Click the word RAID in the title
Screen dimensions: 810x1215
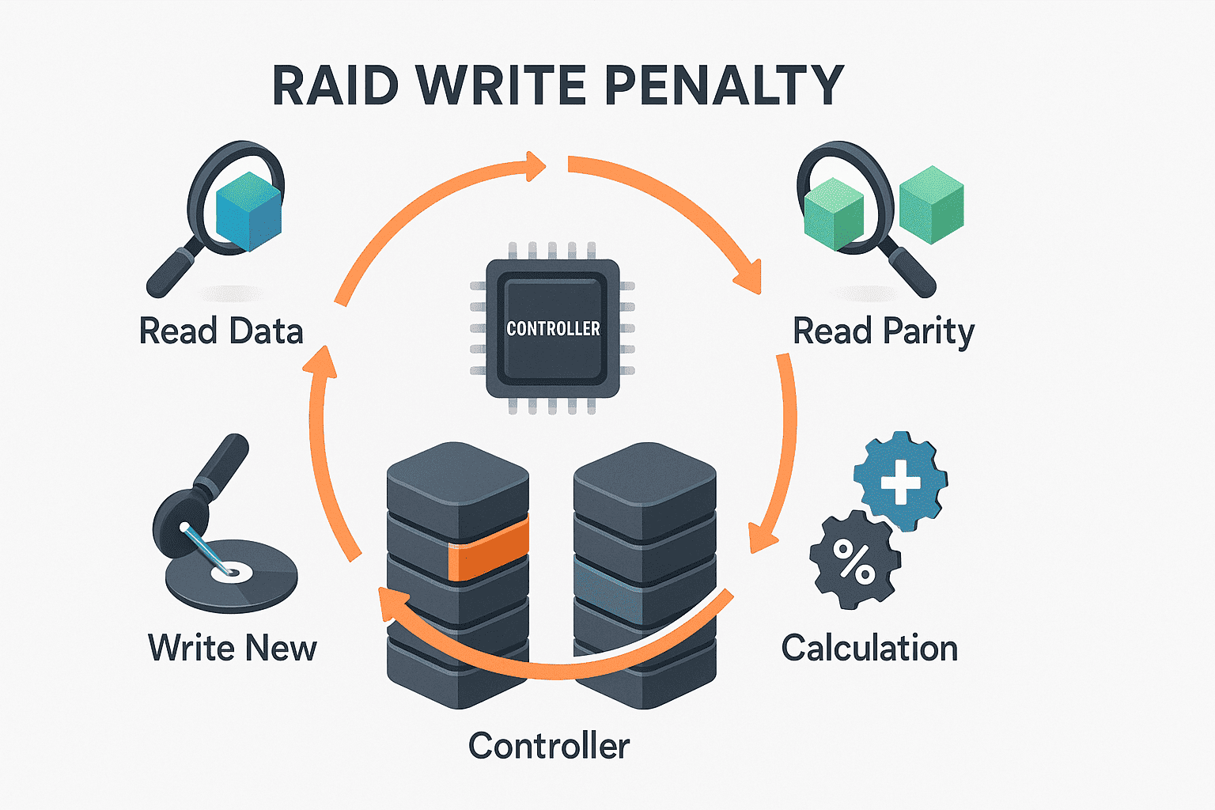pyautogui.click(x=335, y=85)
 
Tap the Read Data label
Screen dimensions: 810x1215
pyautogui.click(x=221, y=331)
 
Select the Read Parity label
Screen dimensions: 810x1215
pyautogui.click(x=883, y=331)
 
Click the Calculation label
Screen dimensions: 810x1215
pyautogui.click(x=869, y=648)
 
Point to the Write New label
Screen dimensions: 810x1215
pyautogui.click(x=232, y=648)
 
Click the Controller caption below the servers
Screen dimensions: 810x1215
pyautogui.click(x=548, y=746)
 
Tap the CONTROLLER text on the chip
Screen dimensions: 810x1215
pyautogui.click(x=553, y=328)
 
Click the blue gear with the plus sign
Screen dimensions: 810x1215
pyautogui.click(x=900, y=480)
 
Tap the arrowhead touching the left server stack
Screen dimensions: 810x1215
pyautogui.click(x=389, y=604)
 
